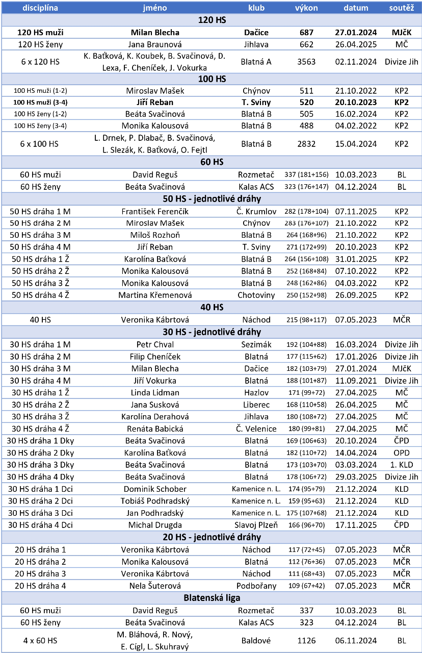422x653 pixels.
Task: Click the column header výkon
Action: [x=306, y=8]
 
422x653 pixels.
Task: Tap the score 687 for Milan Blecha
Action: [x=306, y=32]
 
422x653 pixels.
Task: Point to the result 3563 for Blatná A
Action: [x=306, y=62]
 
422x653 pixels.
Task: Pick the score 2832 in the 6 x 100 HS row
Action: [x=306, y=144]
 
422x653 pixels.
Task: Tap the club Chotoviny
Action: [x=256, y=295]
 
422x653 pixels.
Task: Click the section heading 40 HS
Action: [x=212, y=307]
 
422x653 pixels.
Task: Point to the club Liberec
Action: [x=256, y=405]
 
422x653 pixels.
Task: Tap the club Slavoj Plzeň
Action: [x=256, y=525]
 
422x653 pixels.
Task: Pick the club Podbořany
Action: [x=256, y=586]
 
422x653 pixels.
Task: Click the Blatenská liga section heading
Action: [x=212, y=598]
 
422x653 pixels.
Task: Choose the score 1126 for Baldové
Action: [x=306, y=640]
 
